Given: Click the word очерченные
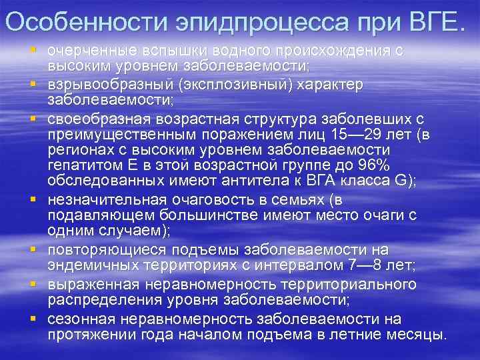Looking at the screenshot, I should (89, 51).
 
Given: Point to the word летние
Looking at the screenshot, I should (357, 333).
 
